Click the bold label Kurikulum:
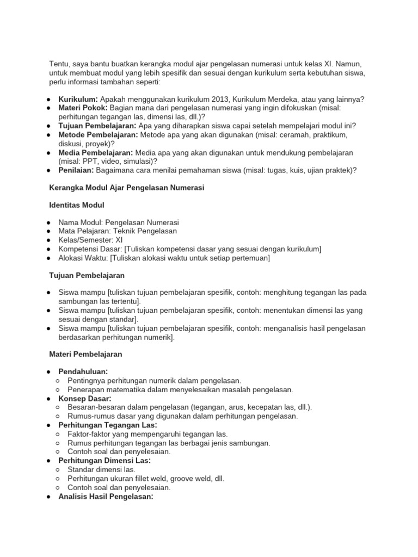point(78,99)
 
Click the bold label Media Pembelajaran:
point(95,152)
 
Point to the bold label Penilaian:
point(76,170)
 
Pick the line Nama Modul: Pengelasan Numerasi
point(119,223)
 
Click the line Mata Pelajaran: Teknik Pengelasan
point(118,232)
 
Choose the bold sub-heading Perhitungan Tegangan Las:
point(108,425)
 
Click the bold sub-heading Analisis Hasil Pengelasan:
point(107,496)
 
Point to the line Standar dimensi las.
point(102,469)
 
